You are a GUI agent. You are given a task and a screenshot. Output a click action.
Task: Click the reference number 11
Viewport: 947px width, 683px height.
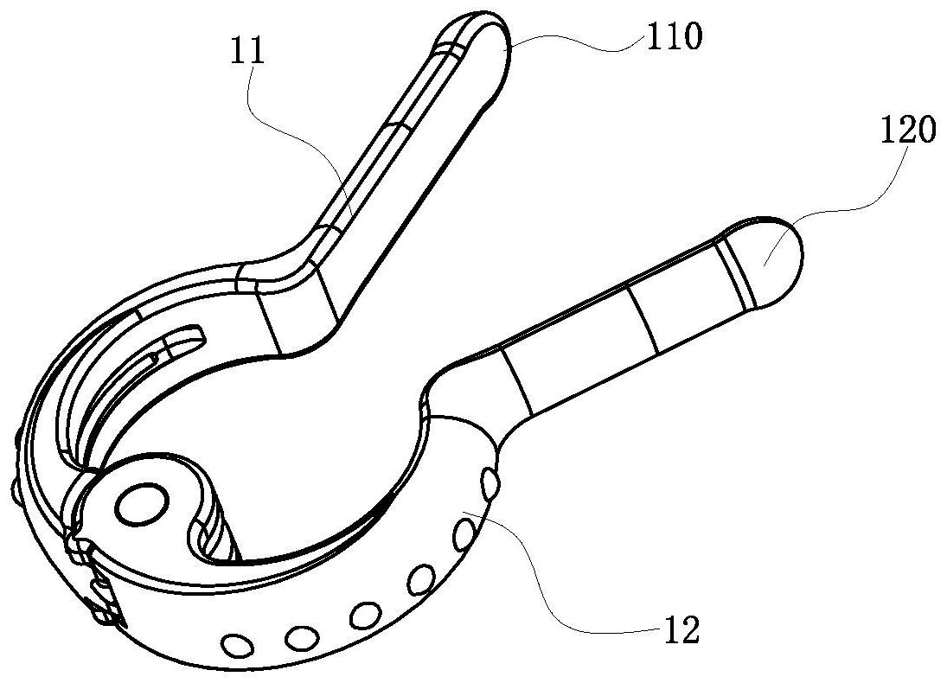(x=247, y=50)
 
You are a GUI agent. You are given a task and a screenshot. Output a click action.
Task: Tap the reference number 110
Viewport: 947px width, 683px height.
(x=675, y=35)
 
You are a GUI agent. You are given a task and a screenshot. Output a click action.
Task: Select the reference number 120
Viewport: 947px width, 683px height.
(x=908, y=130)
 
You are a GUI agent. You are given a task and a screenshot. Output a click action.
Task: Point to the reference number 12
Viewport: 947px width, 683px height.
(x=681, y=629)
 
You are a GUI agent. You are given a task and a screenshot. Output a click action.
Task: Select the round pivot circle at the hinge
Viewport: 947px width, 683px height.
(x=142, y=503)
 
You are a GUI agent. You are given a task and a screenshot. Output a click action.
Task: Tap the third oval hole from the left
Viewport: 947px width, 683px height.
(x=365, y=615)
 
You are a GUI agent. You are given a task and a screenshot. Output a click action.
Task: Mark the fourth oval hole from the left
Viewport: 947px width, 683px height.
(x=421, y=579)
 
